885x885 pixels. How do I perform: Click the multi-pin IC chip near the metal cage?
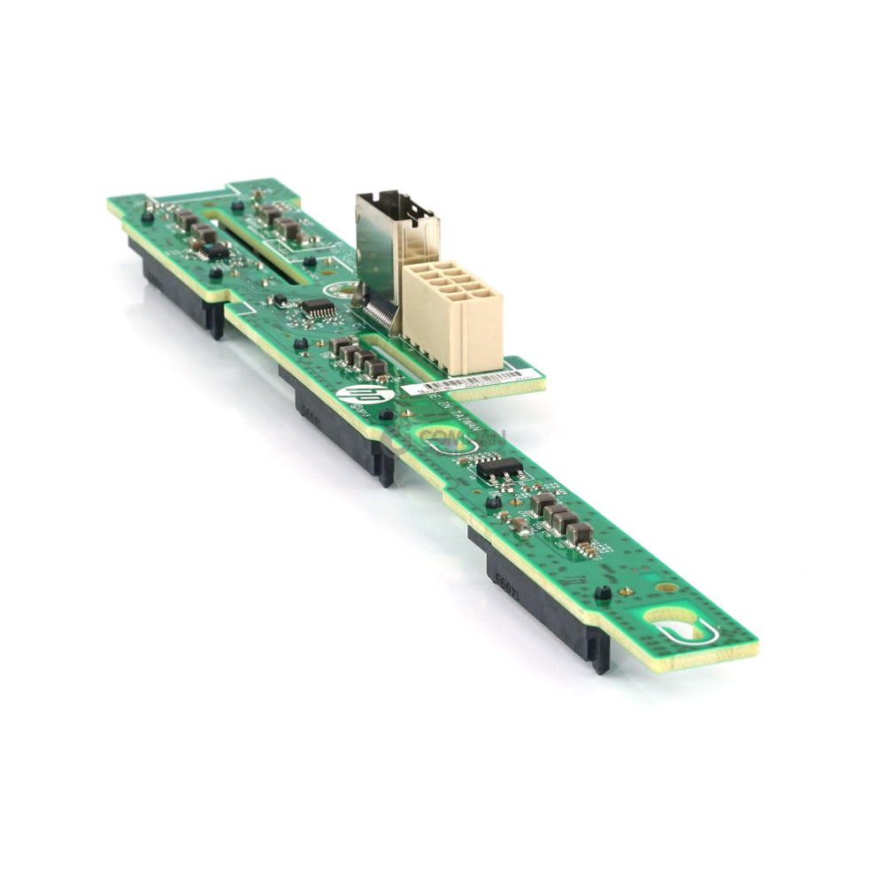point(318,309)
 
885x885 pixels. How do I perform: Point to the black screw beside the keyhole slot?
point(603,593)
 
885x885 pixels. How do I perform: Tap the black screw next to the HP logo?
point(386,412)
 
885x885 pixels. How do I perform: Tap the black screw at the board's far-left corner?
point(147,214)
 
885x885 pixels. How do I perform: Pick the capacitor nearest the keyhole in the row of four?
point(580,532)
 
